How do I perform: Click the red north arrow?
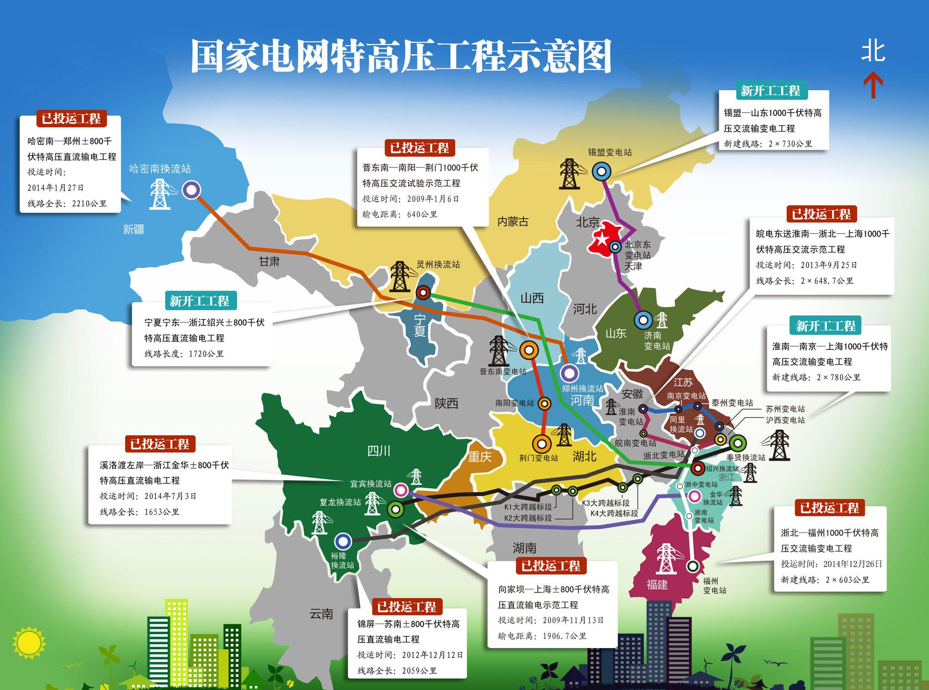[873, 86]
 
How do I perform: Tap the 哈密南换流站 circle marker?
[191, 190]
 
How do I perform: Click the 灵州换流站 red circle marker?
[423, 292]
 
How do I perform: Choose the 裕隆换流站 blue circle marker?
[343, 541]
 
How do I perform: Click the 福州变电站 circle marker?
[693, 566]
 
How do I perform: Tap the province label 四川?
[379, 451]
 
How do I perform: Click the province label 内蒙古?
[513, 222]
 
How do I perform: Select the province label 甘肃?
[269, 262]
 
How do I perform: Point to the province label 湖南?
[524, 548]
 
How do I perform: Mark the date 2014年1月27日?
[56, 188]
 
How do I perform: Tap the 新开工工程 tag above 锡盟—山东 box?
[770, 91]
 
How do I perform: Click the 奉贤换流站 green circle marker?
[737, 442]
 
